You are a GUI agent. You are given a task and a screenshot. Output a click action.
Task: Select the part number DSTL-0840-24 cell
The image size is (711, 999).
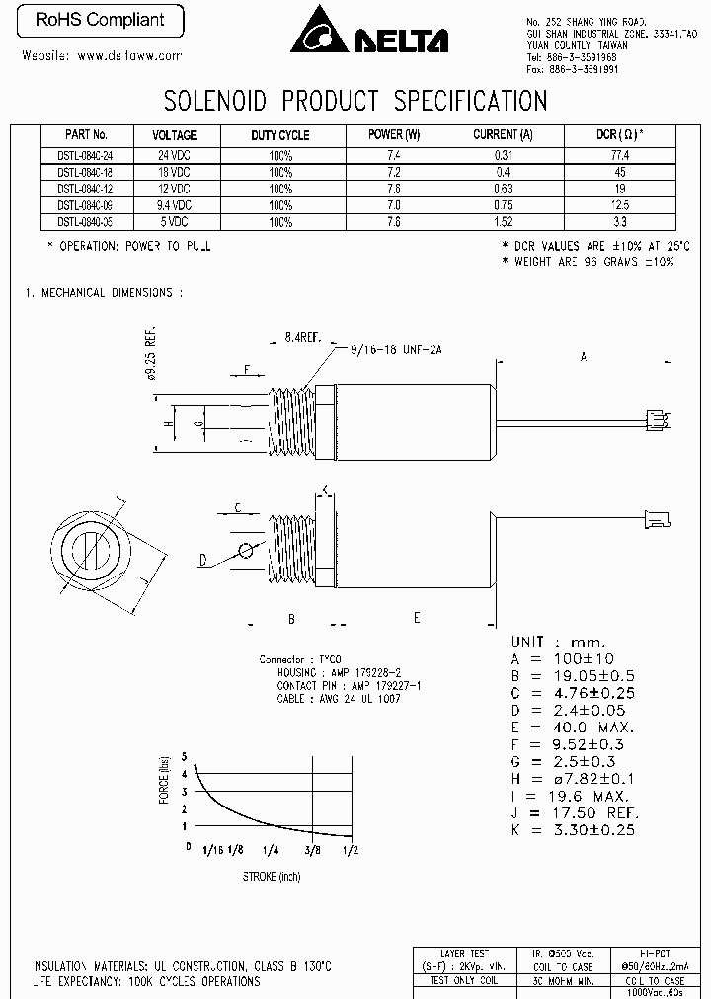click(86, 156)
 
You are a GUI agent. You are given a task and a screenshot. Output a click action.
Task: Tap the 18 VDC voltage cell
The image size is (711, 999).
click(174, 172)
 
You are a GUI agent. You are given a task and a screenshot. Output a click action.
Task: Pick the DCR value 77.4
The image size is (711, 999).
click(619, 156)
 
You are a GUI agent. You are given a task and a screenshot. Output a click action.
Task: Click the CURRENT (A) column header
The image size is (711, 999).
click(503, 135)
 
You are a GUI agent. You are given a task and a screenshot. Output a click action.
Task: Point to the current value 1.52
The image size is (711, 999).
click(503, 222)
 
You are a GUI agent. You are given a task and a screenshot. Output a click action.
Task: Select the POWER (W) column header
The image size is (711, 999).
click(394, 135)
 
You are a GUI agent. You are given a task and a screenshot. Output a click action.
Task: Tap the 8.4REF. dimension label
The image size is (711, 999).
click(303, 338)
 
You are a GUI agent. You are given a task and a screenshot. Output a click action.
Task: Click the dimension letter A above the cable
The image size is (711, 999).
click(584, 356)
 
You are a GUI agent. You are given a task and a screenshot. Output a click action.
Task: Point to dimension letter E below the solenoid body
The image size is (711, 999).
click(417, 617)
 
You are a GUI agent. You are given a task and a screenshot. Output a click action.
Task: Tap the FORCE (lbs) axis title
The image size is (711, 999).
click(164, 779)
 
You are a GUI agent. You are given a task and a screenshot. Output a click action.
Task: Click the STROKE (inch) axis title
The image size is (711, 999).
click(271, 876)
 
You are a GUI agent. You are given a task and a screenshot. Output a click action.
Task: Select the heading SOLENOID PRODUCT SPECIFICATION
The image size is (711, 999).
click(355, 100)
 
